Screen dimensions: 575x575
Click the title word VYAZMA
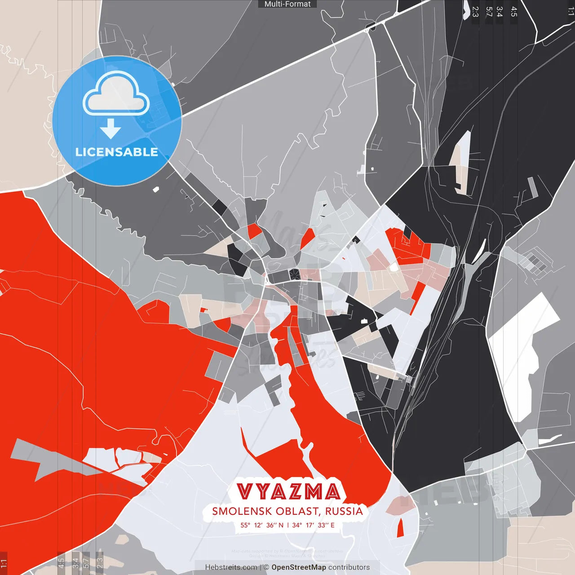tap(288, 492)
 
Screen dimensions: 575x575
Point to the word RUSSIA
tap(344, 511)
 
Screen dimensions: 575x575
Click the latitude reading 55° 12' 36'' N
tap(262, 525)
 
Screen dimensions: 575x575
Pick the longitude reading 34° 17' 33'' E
tap(314, 525)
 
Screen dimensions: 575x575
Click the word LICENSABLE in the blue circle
tap(117, 152)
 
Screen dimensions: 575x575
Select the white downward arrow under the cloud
tap(111, 129)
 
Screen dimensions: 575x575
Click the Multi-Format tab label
tap(287, 4)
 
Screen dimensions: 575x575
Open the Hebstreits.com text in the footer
tap(231, 567)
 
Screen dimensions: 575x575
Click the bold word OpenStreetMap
tap(298, 567)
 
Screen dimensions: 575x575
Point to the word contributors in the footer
tap(349, 567)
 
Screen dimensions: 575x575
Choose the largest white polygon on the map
tap(521, 350)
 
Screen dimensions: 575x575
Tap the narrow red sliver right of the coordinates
tap(400, 527)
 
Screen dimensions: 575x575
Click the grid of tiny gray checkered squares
tap(535, 263)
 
